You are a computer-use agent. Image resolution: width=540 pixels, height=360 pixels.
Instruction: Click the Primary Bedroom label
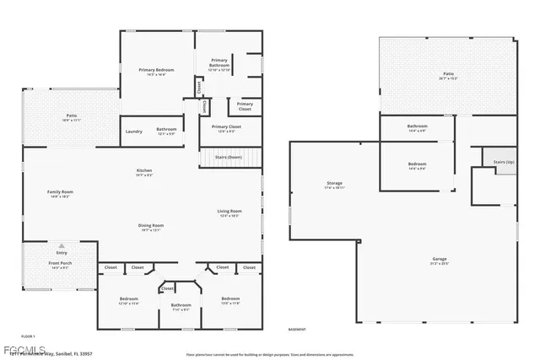159,71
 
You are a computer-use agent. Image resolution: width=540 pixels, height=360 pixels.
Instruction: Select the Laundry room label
133,132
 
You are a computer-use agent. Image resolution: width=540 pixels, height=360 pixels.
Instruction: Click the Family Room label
60,193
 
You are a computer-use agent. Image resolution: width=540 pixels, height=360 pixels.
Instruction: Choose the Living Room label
229,212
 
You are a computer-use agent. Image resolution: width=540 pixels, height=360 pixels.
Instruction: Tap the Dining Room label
151,226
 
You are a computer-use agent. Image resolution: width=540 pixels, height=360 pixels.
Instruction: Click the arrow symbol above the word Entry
61,245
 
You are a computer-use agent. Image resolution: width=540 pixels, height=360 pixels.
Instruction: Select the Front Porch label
60,265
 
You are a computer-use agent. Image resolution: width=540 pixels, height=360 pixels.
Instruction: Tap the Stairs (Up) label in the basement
493,159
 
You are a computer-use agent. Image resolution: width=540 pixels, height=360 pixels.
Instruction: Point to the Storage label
334,184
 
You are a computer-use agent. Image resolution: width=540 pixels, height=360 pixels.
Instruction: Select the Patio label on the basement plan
447,75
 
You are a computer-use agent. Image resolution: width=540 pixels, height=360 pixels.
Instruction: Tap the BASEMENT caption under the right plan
297,329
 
